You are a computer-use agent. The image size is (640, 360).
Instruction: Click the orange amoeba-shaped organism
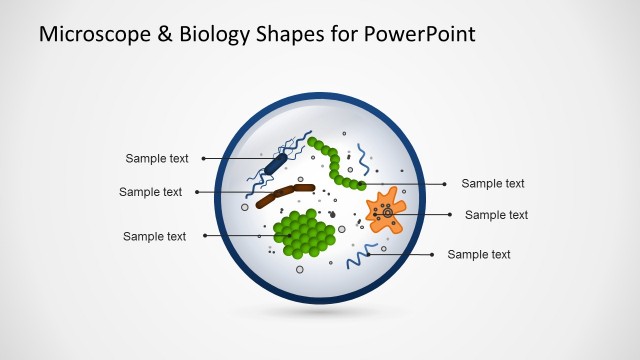pos(385,211)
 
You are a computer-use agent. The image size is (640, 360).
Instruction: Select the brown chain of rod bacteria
pos(284,193)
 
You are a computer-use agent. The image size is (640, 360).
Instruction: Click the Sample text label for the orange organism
pos(496,214)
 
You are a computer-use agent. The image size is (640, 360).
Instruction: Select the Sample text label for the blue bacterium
pos(157,158)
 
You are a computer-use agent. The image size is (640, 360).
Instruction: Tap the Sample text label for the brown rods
pos(150,192)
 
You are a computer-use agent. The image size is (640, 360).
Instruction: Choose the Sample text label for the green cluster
pos(154,236)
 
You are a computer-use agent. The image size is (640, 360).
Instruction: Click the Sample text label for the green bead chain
pos(492,183)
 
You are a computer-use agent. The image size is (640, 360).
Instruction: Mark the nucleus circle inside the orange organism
pos(386,212)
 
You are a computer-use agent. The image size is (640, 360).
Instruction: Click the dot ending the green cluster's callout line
pos(204,236)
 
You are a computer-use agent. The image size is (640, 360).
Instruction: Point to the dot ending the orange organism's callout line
pos(451,214)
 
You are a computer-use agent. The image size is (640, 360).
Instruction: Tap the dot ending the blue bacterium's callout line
pos(203,158)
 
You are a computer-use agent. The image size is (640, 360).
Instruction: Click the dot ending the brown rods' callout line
pos(197,192)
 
